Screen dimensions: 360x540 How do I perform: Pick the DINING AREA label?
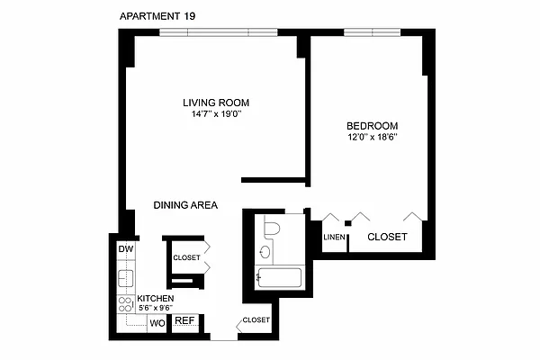(185, 205)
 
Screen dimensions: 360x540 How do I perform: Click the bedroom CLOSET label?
(386, 237)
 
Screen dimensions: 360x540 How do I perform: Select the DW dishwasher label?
(125, 249)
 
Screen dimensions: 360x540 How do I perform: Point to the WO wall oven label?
(156, 322)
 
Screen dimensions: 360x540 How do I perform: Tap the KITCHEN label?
(156, 298)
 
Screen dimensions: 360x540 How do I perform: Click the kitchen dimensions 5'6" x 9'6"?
(155, 308)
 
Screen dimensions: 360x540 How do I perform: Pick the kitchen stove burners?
(124, 303)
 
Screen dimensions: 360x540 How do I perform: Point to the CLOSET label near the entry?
(256, 319)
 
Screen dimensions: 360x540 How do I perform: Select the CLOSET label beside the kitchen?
(186, 257)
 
